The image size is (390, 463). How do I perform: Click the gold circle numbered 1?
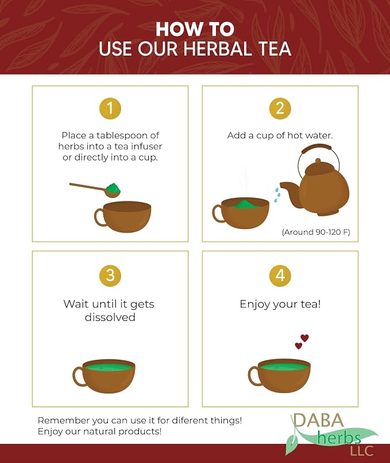point(110,108)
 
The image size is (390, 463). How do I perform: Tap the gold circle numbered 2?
point(280,108)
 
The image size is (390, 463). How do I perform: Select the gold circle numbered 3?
point(110,275)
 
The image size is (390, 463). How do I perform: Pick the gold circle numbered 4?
point(280,275)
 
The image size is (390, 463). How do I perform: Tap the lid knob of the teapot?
point(318,161)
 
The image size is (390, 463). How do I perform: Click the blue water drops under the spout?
point(276,195)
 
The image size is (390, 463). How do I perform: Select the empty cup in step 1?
point(123,217)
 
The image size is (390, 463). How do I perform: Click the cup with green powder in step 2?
point(241,213)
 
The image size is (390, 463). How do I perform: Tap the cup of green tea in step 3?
point(104,376)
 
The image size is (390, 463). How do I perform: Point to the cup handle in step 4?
point(253,376)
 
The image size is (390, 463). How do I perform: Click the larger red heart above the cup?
point(304,338)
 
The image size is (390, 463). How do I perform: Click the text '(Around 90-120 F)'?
point(316,232)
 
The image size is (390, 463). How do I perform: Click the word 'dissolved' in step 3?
point(110,317)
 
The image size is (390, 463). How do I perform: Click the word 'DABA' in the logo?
point(318,420)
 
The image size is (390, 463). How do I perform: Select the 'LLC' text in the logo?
point(362,451)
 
